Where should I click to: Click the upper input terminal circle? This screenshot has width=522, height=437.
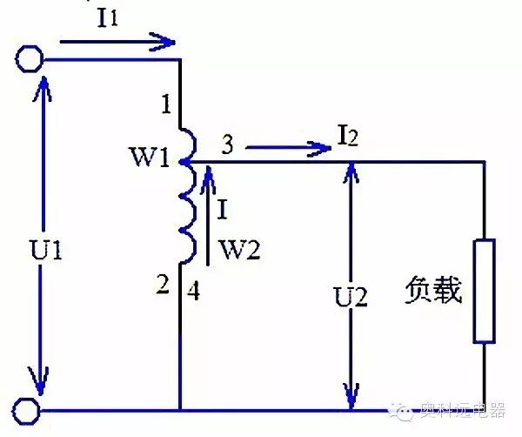[29, 58]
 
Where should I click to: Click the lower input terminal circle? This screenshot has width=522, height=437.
[29, 409]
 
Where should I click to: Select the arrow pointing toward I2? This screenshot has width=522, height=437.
[287, 149]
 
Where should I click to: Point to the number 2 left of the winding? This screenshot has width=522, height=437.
[163, 284]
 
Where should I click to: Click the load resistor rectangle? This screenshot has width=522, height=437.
[483, 292]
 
